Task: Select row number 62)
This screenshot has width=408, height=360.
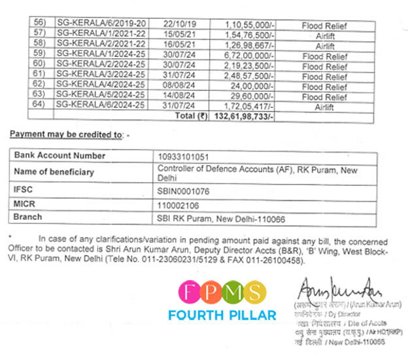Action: coord(40,86)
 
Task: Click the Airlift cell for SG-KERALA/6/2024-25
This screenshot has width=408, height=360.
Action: coord(324,106)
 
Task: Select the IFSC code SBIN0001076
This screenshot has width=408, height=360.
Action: coord(185,192)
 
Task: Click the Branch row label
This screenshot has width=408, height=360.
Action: coord(27,217)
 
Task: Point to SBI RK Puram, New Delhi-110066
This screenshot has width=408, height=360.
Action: coord(221,219)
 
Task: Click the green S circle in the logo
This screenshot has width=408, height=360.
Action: coord(254,293)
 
